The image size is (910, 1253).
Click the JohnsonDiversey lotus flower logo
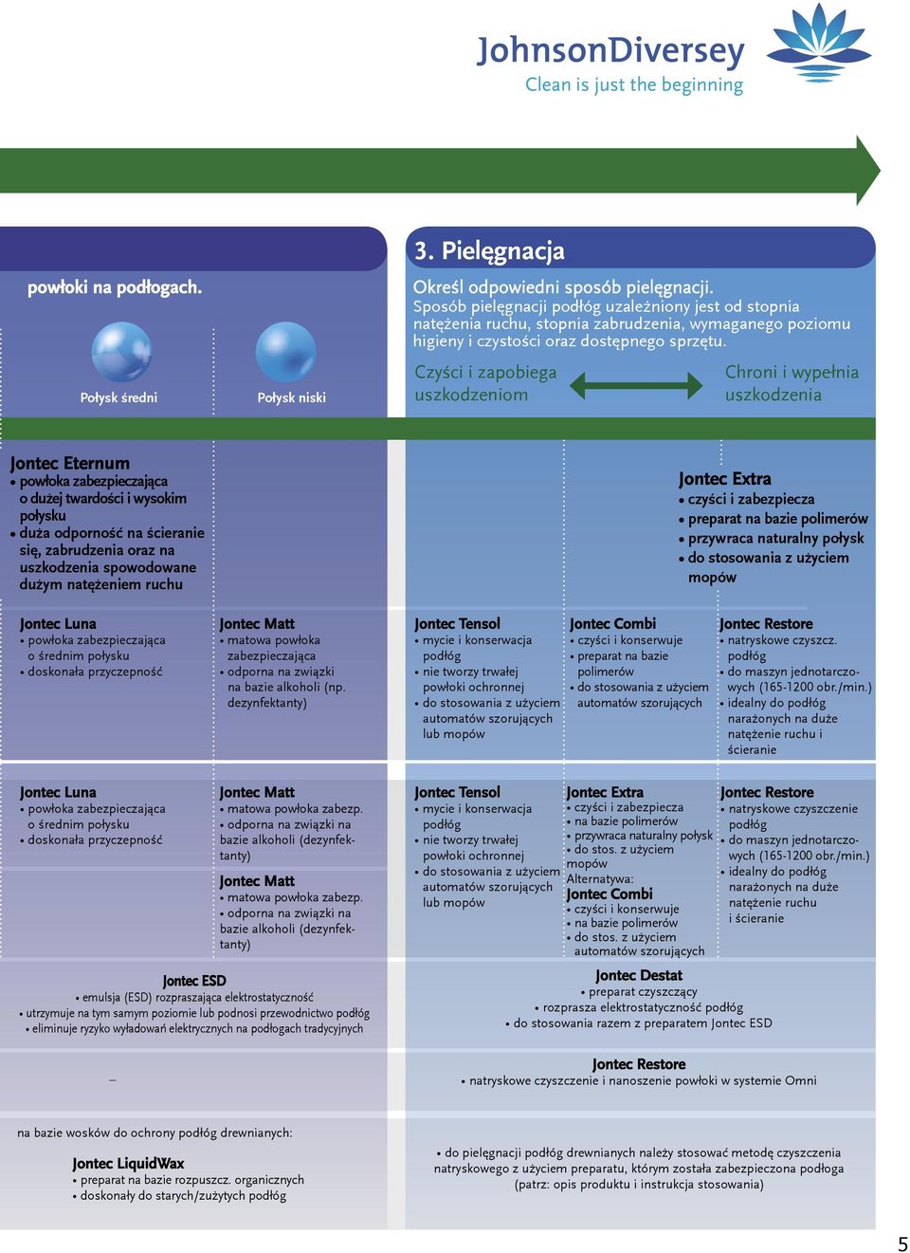pyautogui.click(x=818, y=43)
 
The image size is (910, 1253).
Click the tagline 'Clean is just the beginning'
pyautogui.click(x=634, y=85)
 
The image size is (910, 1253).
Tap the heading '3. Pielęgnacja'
pyautogui.click(x=489, y=250)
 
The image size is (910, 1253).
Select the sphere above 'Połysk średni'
pyautogui.click(x=121, y=351)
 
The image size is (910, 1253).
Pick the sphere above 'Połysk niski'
pyautogui.click(x=285, y=351)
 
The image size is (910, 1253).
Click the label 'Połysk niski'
pyautogui.click(x=291, y=397)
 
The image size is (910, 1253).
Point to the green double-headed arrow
pyautogui.click(x=635, y=385)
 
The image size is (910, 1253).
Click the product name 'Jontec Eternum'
pyautogui.click(x=70, y=463)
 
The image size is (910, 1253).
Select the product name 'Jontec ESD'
pyautogui.click(x=194, y=981)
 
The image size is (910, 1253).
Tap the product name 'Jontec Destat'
pyautogui.click(x=639, y=975)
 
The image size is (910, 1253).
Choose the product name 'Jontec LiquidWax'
pyautogui.click(x=128, y=1164)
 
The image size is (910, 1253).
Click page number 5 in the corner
pyautogui.click(x=902, y=1243)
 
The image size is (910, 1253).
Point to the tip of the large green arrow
pyautogui.click(x=880, y=170)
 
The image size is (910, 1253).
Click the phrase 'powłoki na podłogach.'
pyautogui.click(x=115, y=287)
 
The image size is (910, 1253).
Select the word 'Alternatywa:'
pyautogui.click(x=600, y=878)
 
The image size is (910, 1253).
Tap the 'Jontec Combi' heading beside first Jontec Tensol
pyautogui.click(x=612, y=624)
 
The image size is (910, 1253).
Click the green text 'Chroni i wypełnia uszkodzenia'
pyautogui.click(x=792, y=383)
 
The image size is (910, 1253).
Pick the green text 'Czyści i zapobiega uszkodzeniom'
pyautogui.click(x=485, y=383)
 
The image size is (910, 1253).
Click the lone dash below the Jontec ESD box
pyautogui.click(x=113, y=1080)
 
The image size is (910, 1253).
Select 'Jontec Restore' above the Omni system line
pyautogui.click(x=639, y=1064)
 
